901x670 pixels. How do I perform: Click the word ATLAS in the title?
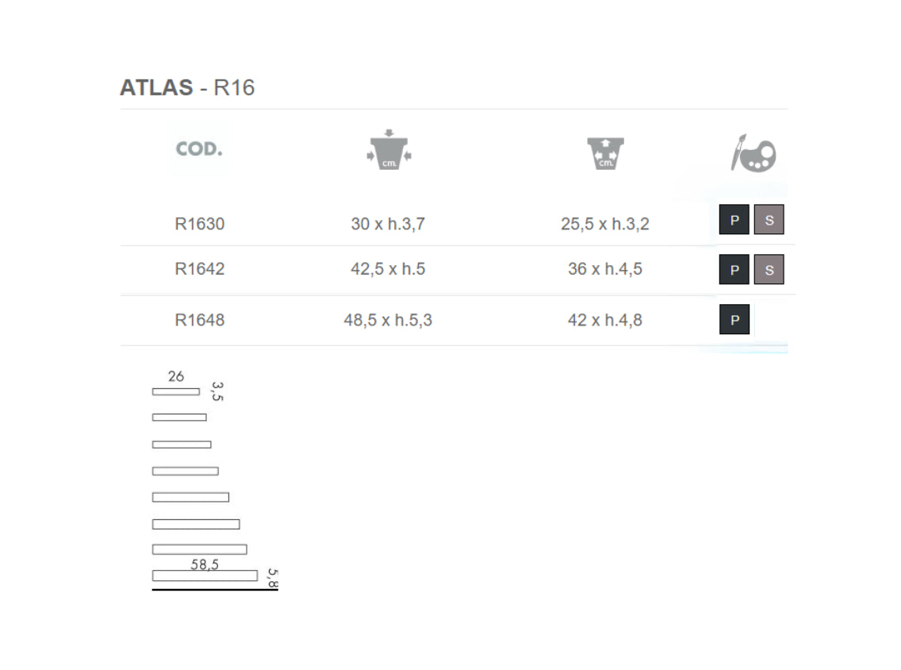click(x=156, y=87)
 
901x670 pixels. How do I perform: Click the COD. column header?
click(x=199, y=149)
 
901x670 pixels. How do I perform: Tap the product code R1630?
click(x=199, y=224)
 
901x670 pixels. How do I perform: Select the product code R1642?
click(x=199, y=268)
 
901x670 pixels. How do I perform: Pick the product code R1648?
click(x=199, y=320)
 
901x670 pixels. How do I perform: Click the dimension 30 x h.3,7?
click(x=388, y=224)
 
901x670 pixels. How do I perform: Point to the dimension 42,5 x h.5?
click(x=388, y=268)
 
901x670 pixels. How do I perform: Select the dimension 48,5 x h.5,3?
click(x=388, y=320)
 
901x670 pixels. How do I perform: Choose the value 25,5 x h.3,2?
click(x=605, y=224)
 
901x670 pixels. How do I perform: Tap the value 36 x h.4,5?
click(x=605, y=268)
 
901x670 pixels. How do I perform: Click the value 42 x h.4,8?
click(x=605, y=320)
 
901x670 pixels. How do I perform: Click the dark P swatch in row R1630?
click(x=734, y=219)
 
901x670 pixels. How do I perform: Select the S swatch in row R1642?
click(x=769, y=269)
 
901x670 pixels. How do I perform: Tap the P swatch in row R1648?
click(x=734, y=319)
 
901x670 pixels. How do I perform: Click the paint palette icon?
click(x=753, y=153)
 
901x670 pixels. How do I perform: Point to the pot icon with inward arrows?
click(x=389, y=150)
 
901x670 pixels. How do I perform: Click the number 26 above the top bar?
click(x=176, y=376)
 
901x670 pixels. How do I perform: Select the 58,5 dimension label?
click(x=205, y=564)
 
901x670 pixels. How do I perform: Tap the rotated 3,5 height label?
click(x=217, y=391)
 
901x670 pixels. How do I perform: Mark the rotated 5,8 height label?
click(x=273, y=579)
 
